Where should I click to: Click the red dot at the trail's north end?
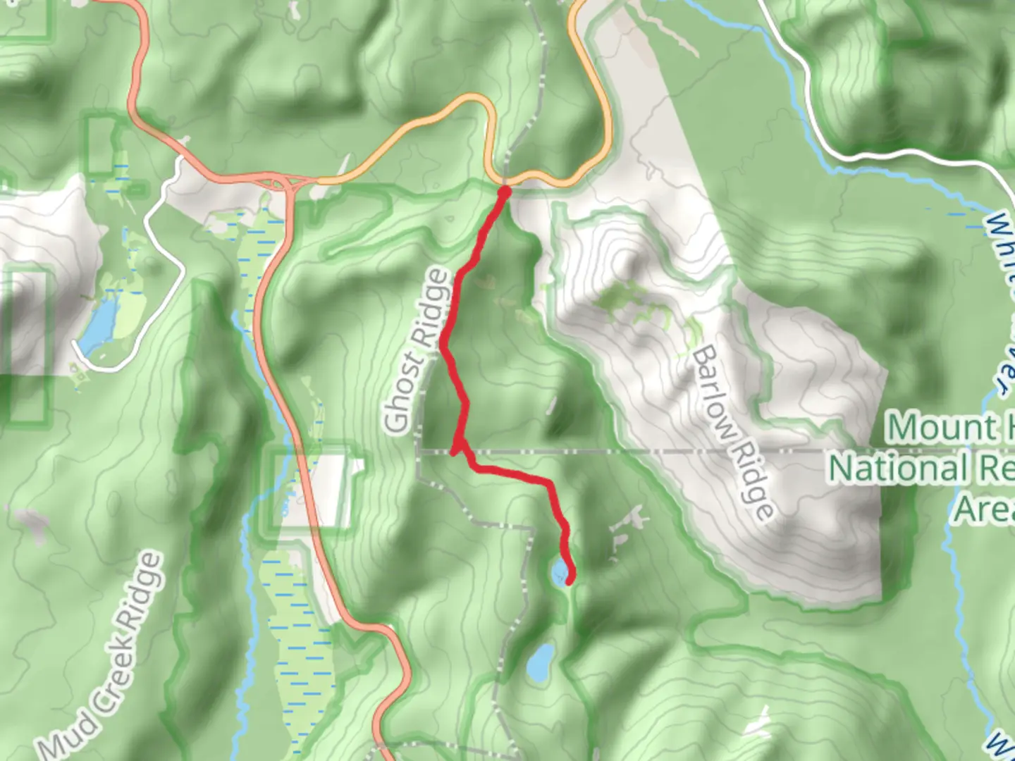(x=505, y=190)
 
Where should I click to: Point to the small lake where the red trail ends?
(x=560, y=571)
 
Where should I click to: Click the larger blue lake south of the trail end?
(x=541, y=662)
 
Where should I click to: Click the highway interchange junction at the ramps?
(x=285, y=183)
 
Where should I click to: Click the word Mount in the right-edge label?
(x=930, y=428)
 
